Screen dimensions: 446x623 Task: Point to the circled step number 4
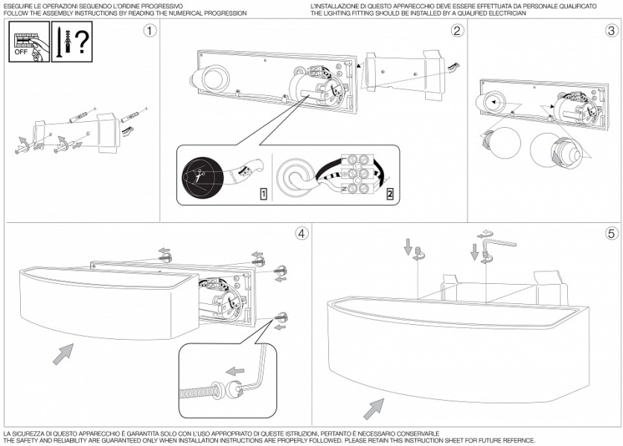tap(301, 233)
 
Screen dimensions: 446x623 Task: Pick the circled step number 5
tap(611, 233)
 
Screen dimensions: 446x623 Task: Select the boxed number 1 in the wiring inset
tap(263, 195)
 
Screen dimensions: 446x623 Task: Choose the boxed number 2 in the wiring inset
tap(389, 195)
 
